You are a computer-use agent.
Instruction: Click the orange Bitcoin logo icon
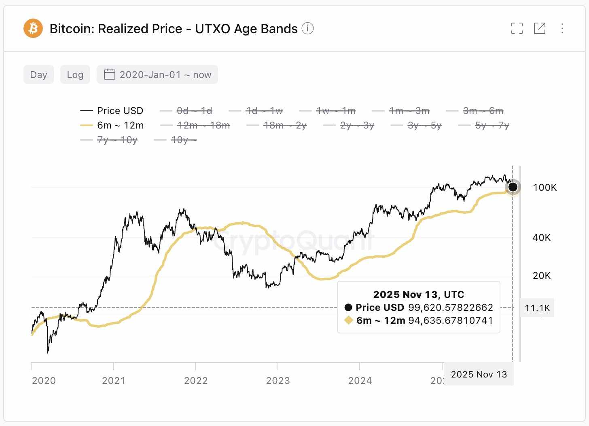(33, 28)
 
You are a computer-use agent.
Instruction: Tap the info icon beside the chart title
(307, 28)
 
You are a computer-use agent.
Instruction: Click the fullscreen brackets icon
(517, 28)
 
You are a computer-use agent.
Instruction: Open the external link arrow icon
(540, 28)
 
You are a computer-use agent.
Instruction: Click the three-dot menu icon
(562, 28)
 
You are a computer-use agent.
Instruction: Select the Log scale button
(75, 75)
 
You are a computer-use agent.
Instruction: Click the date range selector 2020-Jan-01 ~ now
(157, 75)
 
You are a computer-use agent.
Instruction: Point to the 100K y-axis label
(545, 188)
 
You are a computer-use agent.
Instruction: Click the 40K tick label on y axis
(541, 238)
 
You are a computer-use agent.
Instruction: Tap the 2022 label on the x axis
(196, 381)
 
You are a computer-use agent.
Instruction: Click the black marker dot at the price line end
(513, 187)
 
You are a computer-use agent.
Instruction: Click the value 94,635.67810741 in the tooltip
(450, 321)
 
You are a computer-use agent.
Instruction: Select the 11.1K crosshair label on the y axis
(537, 308)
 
